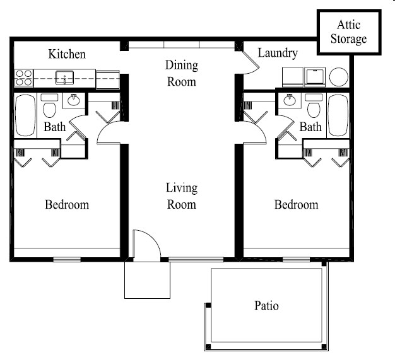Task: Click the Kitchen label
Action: (x=67, y=54)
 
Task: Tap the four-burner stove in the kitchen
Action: (x=24, y=78)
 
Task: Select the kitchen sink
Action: (x=65, y=78)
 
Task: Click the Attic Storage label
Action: (x=349, y=32)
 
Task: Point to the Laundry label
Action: (x=278, y=53)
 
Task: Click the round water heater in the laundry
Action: (x=339, y=77)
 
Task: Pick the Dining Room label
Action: (x=182, y=73)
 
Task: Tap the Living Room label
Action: (x=182, y=196)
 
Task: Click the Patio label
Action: (x=266, y=306)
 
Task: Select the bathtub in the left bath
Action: (x=25, y=115)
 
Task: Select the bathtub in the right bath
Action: (x=338, y=115)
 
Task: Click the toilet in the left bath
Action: (x=49, y=106)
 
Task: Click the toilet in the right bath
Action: (x=314, y=106)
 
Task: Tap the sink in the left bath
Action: (x=74, y=100)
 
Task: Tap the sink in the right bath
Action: (x=290, y=100)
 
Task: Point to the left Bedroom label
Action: (x=67, y=204)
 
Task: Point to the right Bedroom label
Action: (x=297, y=204)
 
